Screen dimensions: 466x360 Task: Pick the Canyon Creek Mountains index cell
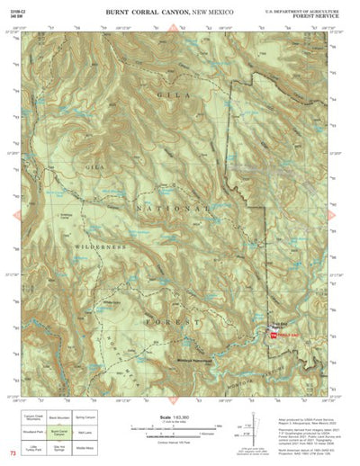coord(32,418)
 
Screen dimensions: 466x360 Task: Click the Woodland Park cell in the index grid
coord(32,434)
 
